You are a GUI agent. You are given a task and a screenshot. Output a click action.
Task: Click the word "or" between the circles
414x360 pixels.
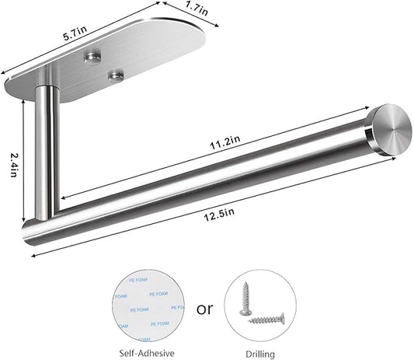point(204,309)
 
